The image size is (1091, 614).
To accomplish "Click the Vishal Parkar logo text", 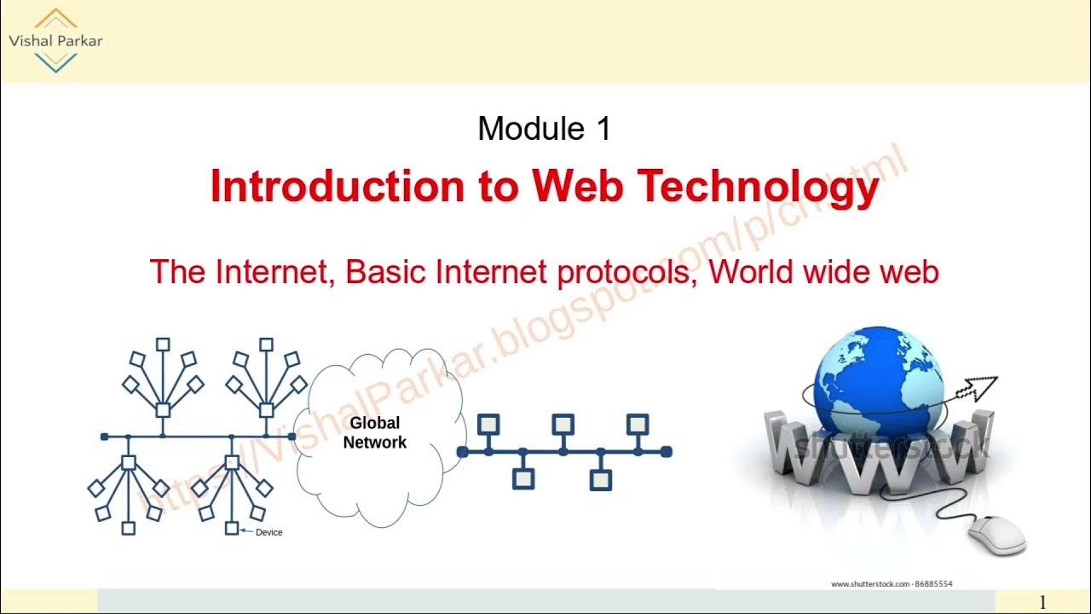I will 55,41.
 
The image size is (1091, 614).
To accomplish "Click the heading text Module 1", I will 544,129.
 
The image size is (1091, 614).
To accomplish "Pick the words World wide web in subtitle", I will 823,272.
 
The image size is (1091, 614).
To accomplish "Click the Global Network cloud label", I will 375,433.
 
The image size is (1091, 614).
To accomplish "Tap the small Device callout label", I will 268,532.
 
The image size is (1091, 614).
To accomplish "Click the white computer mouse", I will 996,535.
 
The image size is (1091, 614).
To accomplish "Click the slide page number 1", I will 1042,603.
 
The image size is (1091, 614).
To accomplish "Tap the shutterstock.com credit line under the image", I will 892,584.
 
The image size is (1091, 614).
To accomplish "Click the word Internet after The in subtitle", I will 272,272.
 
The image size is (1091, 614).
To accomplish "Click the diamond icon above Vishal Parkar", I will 55,19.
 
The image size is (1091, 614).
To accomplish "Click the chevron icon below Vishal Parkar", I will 55,61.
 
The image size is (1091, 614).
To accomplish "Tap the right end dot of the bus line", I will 667,451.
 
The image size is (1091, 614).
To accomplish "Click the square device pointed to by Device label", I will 232,529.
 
